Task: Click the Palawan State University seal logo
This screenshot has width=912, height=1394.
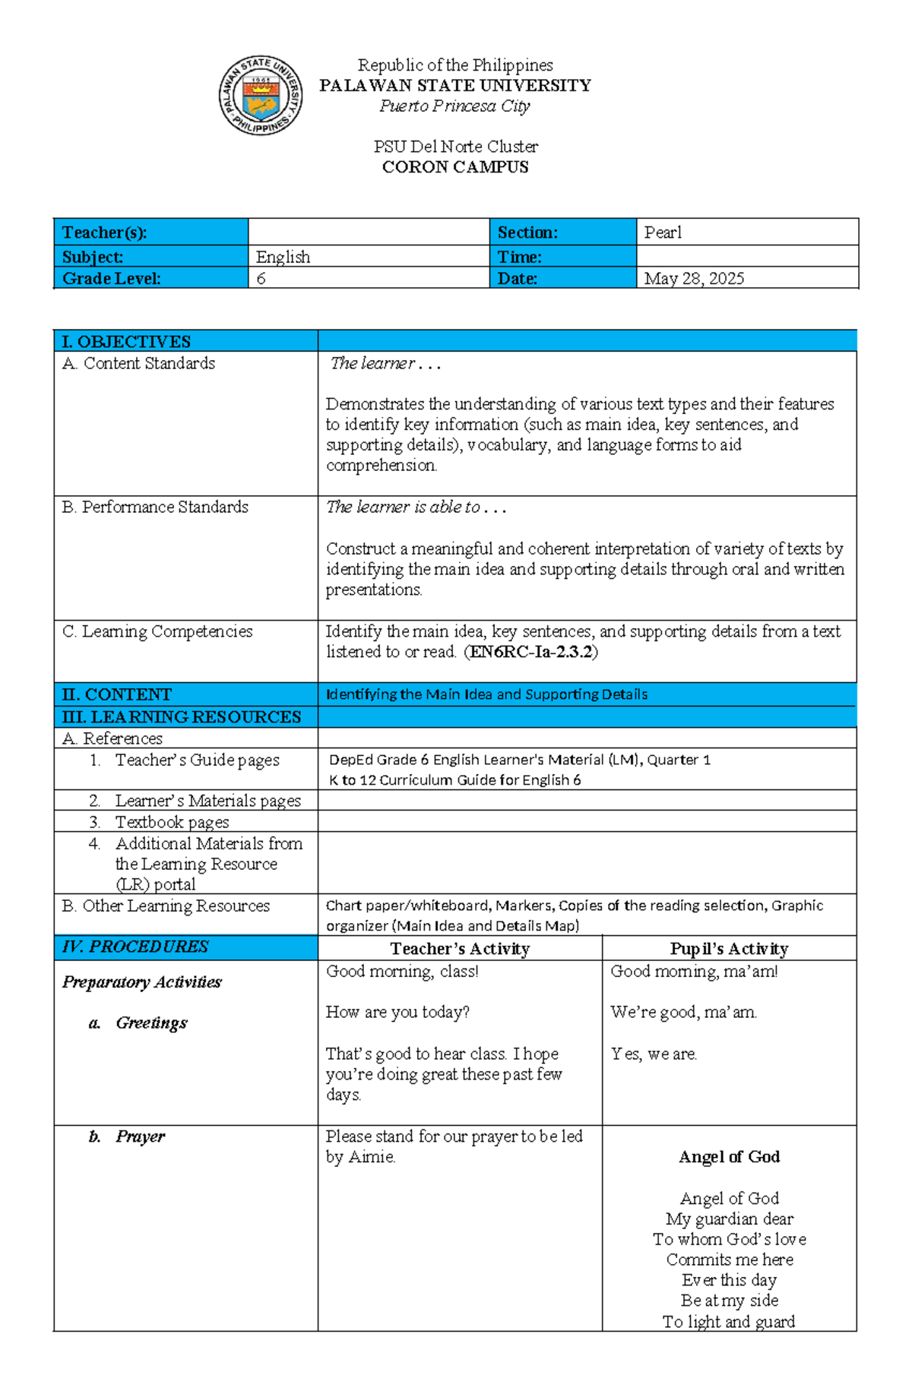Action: pos(261,96)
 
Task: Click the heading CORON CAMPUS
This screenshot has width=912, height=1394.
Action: pos(454,167)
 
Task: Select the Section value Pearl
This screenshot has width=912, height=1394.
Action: pos(663,232)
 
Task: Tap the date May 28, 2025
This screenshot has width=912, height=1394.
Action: pos(694,279)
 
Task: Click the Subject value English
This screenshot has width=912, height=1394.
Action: pos(283,257)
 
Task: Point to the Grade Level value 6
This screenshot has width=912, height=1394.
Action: pos(261,279)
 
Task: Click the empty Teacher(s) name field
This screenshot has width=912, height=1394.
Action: pos(368,232)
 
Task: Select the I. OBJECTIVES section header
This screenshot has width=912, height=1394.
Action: pos(126,341)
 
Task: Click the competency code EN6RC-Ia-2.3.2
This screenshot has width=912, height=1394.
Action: pos(531,652)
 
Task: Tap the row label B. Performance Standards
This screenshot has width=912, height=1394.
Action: pos(155,507)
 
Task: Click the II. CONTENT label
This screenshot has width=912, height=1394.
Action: pos(116,694)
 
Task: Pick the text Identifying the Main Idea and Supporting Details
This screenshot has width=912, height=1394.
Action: pos(486,694)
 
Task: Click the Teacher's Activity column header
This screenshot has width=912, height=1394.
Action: pos(459,949)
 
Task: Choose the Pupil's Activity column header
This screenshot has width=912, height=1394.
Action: pos(728,949)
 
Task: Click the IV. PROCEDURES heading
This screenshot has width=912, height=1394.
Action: pos(135,947)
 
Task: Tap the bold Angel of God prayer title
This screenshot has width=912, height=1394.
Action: pos(729,1157)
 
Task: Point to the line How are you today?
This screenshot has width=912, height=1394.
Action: pos(397,1012)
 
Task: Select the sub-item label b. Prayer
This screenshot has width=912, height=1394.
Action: pos(126,1136)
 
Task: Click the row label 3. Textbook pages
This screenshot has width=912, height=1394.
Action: pos(159,822)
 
